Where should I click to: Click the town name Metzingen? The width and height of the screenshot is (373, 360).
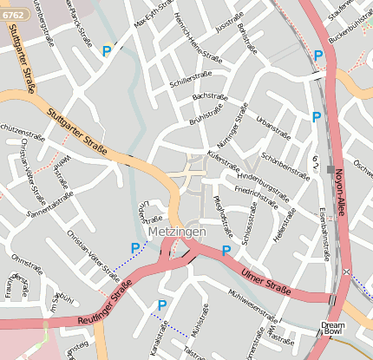[176, 234]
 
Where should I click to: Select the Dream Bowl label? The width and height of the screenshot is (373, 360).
[333, 328]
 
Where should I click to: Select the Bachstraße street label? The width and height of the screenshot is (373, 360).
[209, 95]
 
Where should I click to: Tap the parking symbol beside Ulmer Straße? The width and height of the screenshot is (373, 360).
[226, 251]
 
